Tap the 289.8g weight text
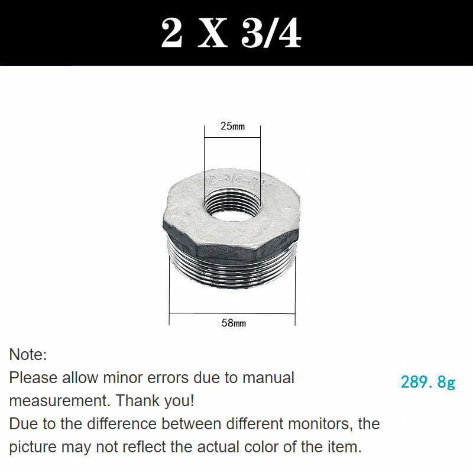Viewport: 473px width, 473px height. tap(428, 383)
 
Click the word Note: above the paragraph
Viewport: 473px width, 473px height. tap(28, 355)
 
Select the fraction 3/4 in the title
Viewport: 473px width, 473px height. tap(271, 34)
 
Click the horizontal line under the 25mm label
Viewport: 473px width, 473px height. tap(232, 138)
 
